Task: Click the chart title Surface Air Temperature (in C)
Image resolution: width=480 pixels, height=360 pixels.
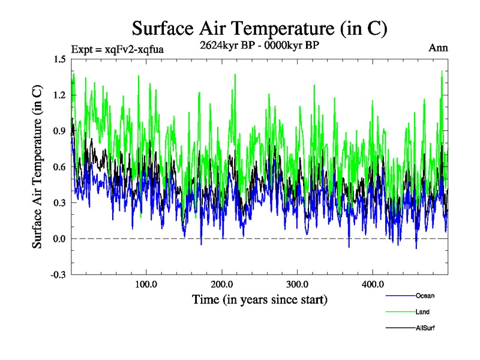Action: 260,28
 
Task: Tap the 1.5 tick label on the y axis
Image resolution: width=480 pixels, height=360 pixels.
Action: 60,59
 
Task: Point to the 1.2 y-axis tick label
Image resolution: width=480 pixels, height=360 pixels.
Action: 60,95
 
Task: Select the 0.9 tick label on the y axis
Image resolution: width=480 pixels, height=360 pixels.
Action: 60,131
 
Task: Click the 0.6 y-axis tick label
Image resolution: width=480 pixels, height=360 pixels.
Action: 60,167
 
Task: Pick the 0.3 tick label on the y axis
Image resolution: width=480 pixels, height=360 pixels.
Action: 60,203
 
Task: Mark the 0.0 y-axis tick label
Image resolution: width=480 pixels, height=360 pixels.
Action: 60,239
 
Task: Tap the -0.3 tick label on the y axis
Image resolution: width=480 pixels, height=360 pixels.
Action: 59,275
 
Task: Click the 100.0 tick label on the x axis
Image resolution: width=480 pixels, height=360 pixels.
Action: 146,284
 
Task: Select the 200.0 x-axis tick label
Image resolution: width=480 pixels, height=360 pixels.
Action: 222,284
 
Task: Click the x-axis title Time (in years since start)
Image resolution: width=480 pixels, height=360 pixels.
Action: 260,299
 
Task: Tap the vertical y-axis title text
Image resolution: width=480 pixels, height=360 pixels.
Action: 37,167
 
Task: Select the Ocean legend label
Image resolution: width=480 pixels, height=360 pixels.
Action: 425,296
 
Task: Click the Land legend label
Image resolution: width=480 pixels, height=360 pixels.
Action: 422,312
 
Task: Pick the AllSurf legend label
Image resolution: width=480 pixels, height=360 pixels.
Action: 425,328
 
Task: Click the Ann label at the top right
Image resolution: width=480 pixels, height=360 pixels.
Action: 438,48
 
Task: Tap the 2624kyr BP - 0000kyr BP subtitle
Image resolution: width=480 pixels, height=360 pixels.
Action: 260,45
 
